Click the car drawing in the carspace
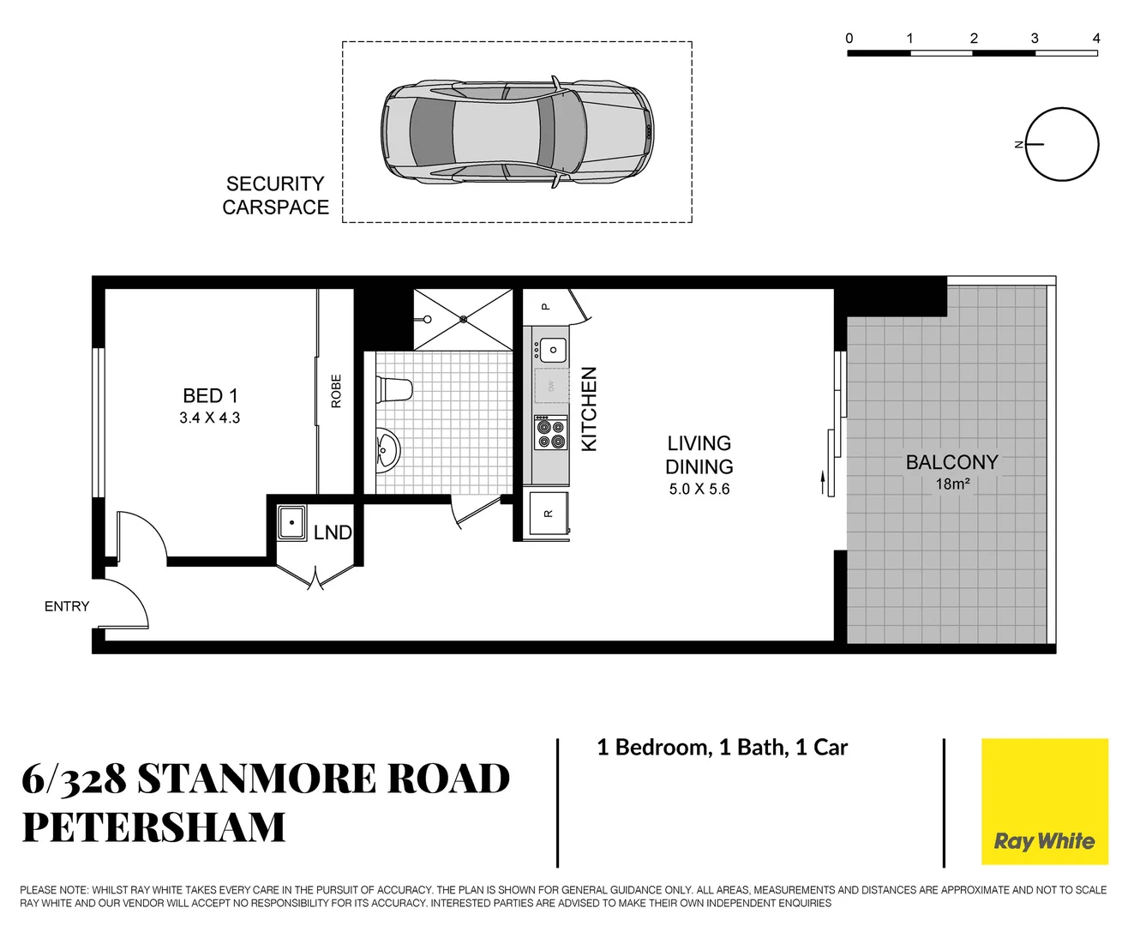coord(517,132)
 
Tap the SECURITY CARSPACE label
coord(275,195)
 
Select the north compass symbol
coord(1061,145)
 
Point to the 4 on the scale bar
coord(1095,39)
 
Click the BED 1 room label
coord(210,395)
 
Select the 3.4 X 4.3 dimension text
coord(210,418)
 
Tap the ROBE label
coord(336,391)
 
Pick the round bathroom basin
coord(387,448)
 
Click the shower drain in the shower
coord(464,319)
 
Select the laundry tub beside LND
coord(292,522)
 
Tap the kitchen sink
coord(553,350)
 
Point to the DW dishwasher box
coord(551,386)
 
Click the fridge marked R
coord(549,514)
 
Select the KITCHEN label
coord(589,409)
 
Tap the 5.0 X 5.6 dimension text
coord(699,490)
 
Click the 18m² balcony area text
coord(952,484)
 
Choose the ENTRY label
coord(67,606)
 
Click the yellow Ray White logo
coord(1044,802)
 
